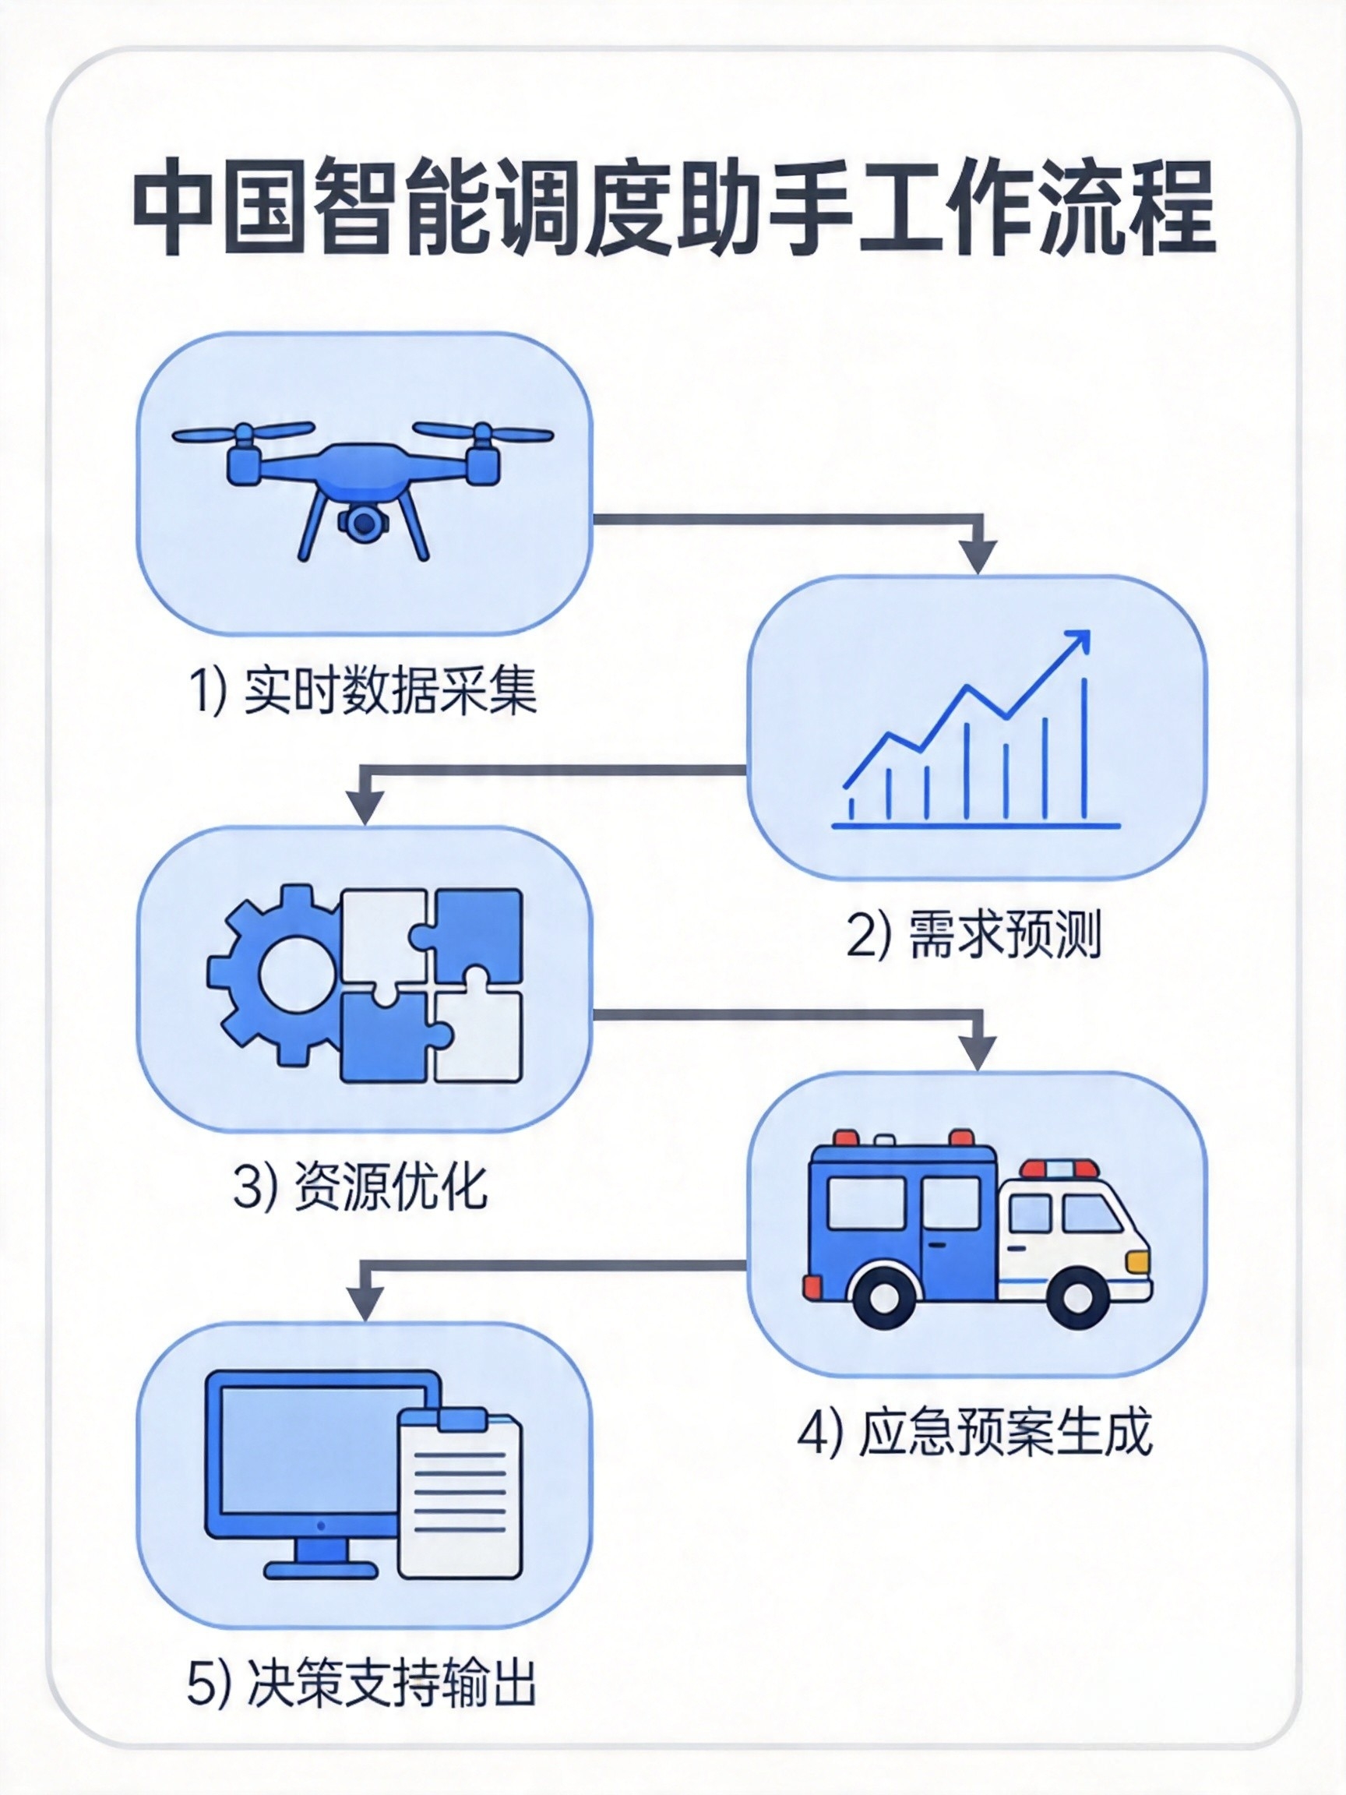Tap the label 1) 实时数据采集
tap(364, 691)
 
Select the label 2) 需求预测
tap(974, 936)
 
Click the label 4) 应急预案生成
tap(974, 1433)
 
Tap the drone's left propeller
tap(242, 433)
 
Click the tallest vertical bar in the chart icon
tap(1085, 746)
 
